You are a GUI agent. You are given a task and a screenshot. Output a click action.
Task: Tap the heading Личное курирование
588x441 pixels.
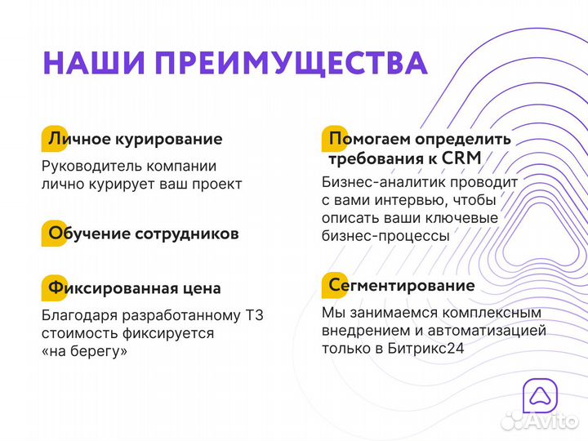(135, 139)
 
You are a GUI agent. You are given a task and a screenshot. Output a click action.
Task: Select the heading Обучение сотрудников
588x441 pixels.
(144, 234)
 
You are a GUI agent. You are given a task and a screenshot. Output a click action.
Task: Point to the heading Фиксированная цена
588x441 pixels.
(134, 288)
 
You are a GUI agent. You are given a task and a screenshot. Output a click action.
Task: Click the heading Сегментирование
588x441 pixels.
(399, 286)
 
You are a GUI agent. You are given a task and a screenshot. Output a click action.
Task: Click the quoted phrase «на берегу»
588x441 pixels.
(84, 351)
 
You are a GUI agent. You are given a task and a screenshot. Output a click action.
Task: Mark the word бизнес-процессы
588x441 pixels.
(385, 235)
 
